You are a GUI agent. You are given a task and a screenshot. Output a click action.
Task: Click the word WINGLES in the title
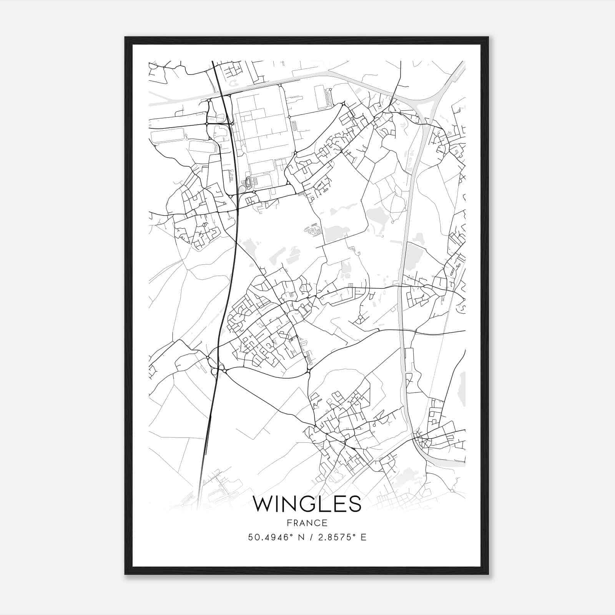point(307,504)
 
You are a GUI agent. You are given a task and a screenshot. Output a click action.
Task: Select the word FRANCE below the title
point(307,523)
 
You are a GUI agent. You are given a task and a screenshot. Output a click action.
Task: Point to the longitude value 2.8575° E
point(340,537)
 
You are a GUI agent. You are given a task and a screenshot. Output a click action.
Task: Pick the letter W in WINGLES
point(263,504)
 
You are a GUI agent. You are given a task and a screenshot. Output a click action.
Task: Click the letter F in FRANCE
point(289,523)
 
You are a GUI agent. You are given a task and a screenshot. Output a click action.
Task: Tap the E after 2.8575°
point(364,537)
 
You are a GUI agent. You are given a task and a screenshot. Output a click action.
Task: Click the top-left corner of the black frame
point(125,37)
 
